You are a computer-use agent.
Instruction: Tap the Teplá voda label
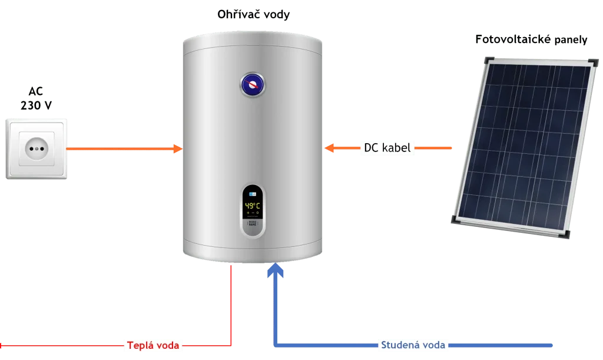153,345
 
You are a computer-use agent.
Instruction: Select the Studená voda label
412,344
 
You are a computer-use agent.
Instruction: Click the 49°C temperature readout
253,206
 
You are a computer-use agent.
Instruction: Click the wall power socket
37,149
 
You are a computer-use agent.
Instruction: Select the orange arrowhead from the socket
177,148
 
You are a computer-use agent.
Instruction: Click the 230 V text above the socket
37,106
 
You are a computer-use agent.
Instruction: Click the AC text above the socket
37,91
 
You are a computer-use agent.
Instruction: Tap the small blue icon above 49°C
253,193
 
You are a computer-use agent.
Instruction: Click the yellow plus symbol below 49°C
248,213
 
